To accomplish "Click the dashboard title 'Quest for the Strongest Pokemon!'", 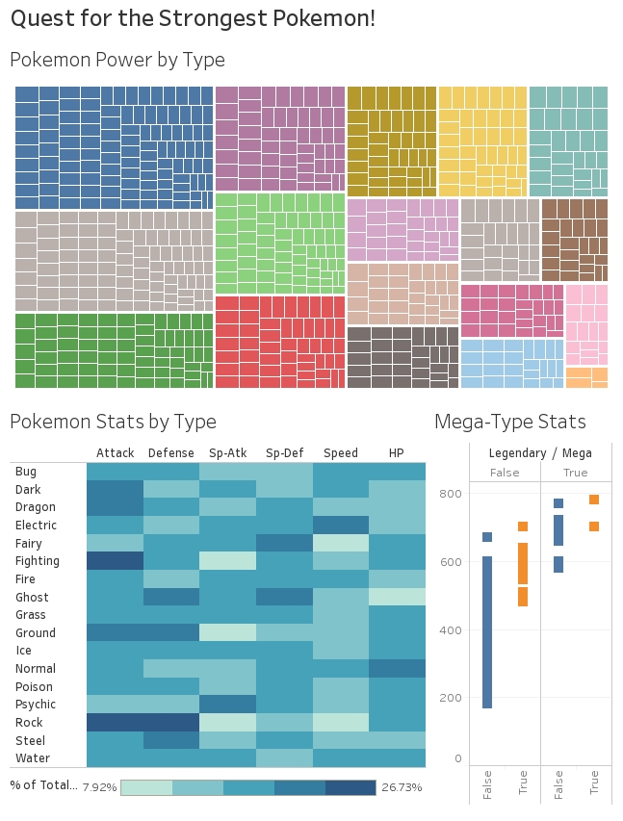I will (193, 18).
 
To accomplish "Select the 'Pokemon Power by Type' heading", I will (117, 61).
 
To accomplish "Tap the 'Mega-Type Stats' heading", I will (509, 422).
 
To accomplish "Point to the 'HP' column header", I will (396, 453).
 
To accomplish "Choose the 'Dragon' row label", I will (35, 507).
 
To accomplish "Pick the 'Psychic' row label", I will (36, 705).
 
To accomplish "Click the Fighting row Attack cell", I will (115, 561).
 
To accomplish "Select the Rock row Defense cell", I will (171, 723).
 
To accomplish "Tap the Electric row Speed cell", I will (340, 526).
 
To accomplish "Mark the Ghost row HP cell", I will (397, 597).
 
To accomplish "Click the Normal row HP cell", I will (397, 669).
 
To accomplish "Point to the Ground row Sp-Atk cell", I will (228, 633).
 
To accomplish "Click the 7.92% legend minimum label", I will (99, 787).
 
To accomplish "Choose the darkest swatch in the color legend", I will (350, 787).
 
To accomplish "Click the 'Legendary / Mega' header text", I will (540, 453).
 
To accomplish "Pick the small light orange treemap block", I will (586, 377).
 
